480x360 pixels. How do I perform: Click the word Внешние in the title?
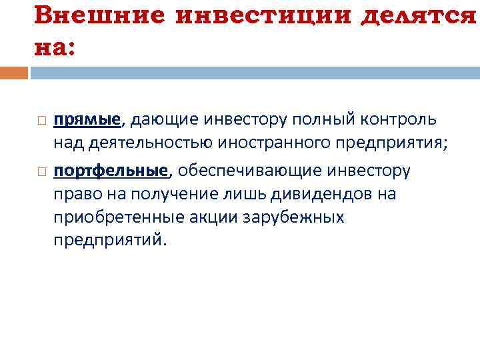pyautogui.click(x=96, y=15)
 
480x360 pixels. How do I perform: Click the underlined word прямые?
pyautogui.click(x=87, y=119)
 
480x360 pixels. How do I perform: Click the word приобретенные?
pyautogui.click(x=111, y=217)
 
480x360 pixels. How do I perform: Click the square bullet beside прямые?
pyautogui.click(x=41, y=121)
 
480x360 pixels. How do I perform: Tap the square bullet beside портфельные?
pyautogui.click(x=41, y=172)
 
